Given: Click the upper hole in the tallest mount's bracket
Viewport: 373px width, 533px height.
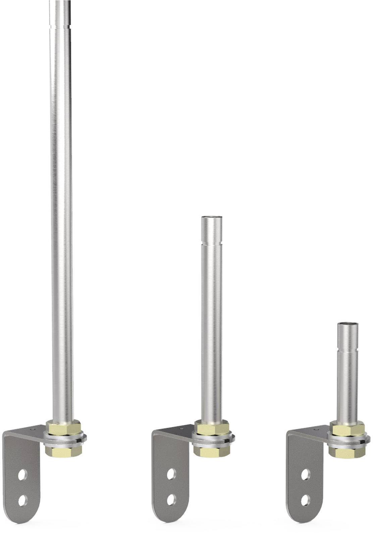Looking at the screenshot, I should click(22, 474).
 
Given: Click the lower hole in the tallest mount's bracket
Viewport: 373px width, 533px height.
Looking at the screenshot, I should click(22, 500).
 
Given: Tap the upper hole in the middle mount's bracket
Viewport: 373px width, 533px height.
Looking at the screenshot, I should click(171, 474).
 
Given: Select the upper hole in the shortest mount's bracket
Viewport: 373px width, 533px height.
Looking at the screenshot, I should click(306, 475).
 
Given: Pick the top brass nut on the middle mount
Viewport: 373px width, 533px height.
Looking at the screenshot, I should click(213, 428).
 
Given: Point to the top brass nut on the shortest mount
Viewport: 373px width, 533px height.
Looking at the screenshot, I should click(347, 428).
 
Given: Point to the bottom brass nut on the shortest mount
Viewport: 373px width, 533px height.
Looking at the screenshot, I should click(347, 452).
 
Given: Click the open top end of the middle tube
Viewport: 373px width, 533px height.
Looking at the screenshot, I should click(211, 217).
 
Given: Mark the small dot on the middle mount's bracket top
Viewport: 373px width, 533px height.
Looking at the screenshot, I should click(181, 429).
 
